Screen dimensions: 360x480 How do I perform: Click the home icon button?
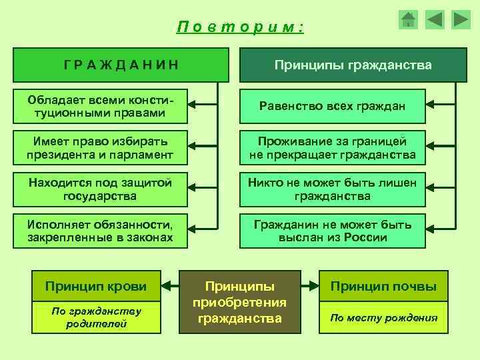[x=408, y=19]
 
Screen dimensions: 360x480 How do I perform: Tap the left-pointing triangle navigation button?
[x=435, y=19]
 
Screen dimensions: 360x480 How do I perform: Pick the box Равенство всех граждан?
[x=333, y=106]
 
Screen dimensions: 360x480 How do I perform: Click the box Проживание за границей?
[x=333, y=148]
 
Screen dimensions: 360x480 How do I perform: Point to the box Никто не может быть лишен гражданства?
[x=333, y=189]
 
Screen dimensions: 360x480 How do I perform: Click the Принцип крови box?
[x=96, y=287]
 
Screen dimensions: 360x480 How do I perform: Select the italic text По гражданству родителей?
[x=96, y=317]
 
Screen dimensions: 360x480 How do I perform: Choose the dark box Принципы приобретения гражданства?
[x=240, y=301]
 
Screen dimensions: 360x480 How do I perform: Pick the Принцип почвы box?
[x=384, y=287]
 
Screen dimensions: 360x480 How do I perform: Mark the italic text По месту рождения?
[x=384, y=317]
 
